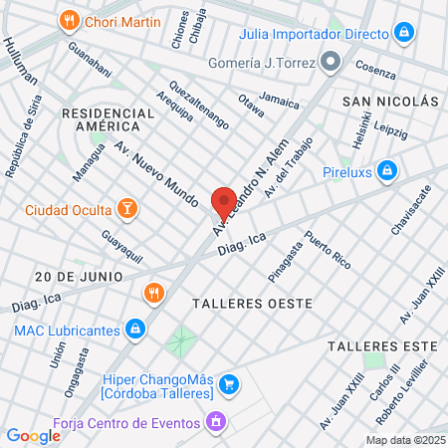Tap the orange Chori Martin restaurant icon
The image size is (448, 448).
click(x=69, y=19)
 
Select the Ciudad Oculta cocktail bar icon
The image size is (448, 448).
click(x=126, y=209)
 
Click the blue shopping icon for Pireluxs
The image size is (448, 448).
click(x=393, y=171)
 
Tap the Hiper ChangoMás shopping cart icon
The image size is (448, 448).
click(x=228, y=383)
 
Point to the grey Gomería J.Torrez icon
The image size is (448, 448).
click(x=332, y=63)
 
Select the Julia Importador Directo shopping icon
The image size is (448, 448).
click(x=402, y=33)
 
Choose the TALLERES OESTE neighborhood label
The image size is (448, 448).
click(x=252, y=302)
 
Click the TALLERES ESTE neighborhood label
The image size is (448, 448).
click(x=382, y=345)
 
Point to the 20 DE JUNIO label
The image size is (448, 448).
click(x=78, y=275)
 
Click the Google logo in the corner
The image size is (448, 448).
click(x=34, y=435)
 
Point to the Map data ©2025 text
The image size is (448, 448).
click(x=404, y=440)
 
